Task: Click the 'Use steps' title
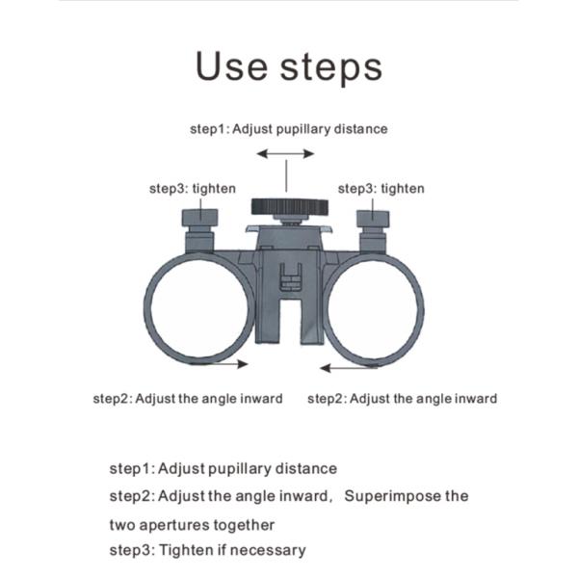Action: click(289, 66)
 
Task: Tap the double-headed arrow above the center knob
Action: click(285, 153)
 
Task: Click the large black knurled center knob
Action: click(289, 207)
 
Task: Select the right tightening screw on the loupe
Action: click(373, 231)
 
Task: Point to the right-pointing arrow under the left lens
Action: click(219, 364)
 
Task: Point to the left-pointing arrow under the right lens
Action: click(349, 368)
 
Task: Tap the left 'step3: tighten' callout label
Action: click(193, 189)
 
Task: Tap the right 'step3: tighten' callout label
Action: click(381, 189)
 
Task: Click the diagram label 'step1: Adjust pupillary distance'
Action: click(289, 129)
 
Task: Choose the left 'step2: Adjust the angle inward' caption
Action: click(188, 399)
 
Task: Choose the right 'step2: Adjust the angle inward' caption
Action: click(402, 399)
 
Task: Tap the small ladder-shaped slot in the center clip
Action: click(291, 277)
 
